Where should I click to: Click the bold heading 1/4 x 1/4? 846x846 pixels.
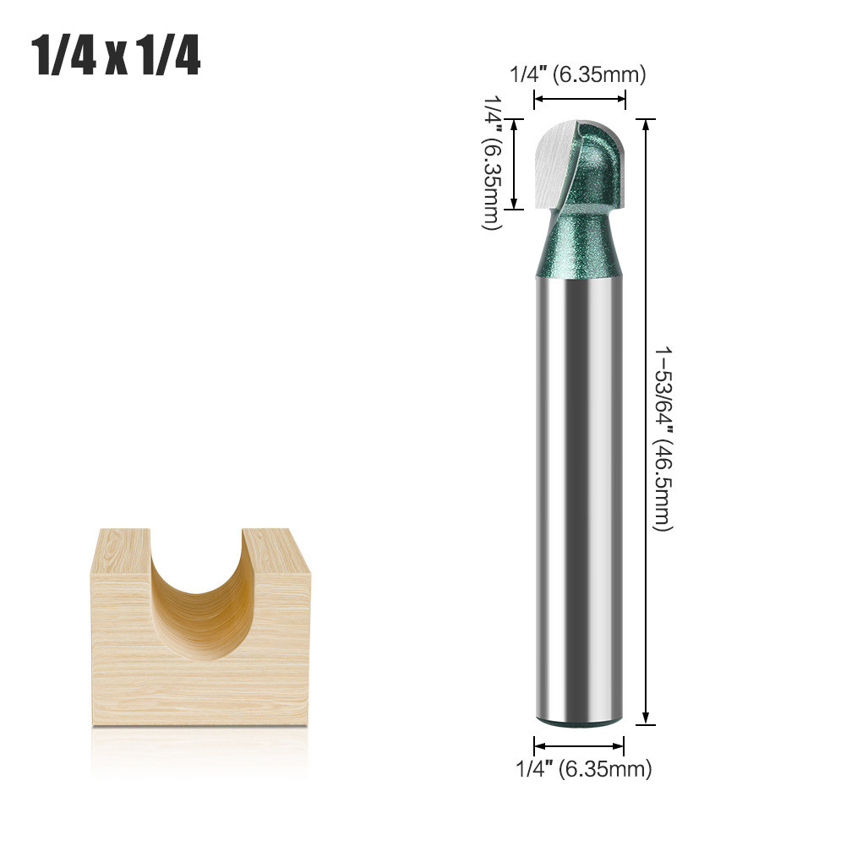pyautogui.click(x=116, y=56)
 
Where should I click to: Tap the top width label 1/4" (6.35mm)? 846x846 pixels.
pyautogui.click(x=578, y=74)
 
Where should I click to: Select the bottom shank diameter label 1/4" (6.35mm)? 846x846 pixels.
pyautogui.click(x=584, y=768)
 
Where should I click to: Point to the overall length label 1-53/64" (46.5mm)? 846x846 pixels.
pyautogui.click(x=663, y=439)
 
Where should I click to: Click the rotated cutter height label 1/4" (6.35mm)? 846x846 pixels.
pyautogui.click(x=492, y=162)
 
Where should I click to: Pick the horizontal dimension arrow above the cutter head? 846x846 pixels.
pyautogui.click(x=580, y=99)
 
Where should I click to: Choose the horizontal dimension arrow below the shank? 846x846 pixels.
pyautogui.click(x=579, y=746)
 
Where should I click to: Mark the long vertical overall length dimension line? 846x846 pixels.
pyautogui.click(x=646, y=422)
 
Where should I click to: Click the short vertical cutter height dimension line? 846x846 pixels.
pyautogui.click(x=515, y=164)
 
